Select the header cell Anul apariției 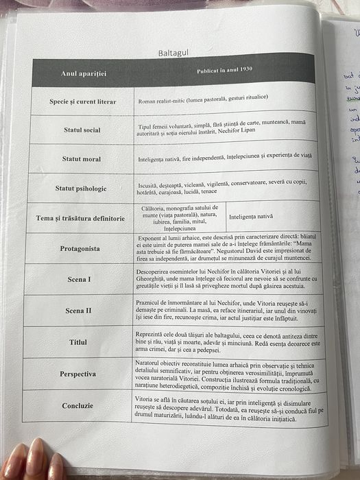point(84,72)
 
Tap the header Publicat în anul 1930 point(225,70)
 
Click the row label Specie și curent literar point(83,101)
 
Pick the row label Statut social point(82,130)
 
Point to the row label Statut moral point(82,159)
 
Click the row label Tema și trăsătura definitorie point(80,218)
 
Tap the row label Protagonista point(81,248)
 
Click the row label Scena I point(80,280)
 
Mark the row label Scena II point(80,311)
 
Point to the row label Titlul point(79,341)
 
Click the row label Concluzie point(77,405)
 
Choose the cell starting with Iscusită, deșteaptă point(226,187)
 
